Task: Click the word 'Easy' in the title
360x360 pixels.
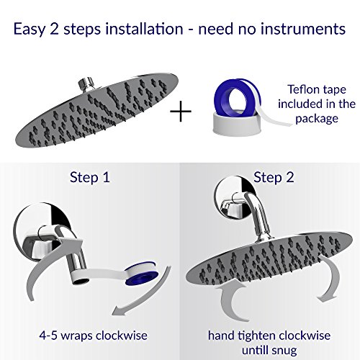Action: pyautogui.click(x=29, y=30)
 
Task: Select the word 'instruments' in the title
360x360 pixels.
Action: pyautogui.click(x=303, y=29)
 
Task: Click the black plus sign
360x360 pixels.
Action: pyautogui.click(x=181, y=111)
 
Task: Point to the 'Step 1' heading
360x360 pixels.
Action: pyautogui.click(x=90, y=178)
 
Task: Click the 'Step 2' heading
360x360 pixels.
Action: pyautogui.click(x=274, y=178)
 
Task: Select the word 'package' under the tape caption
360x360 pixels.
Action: pyautogui.click(x=317, y=119)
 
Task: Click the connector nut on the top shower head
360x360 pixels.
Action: pyautogui.click(x=86, y=84)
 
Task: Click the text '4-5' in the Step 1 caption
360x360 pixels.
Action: pyautogui.click(x=48, y=336)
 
